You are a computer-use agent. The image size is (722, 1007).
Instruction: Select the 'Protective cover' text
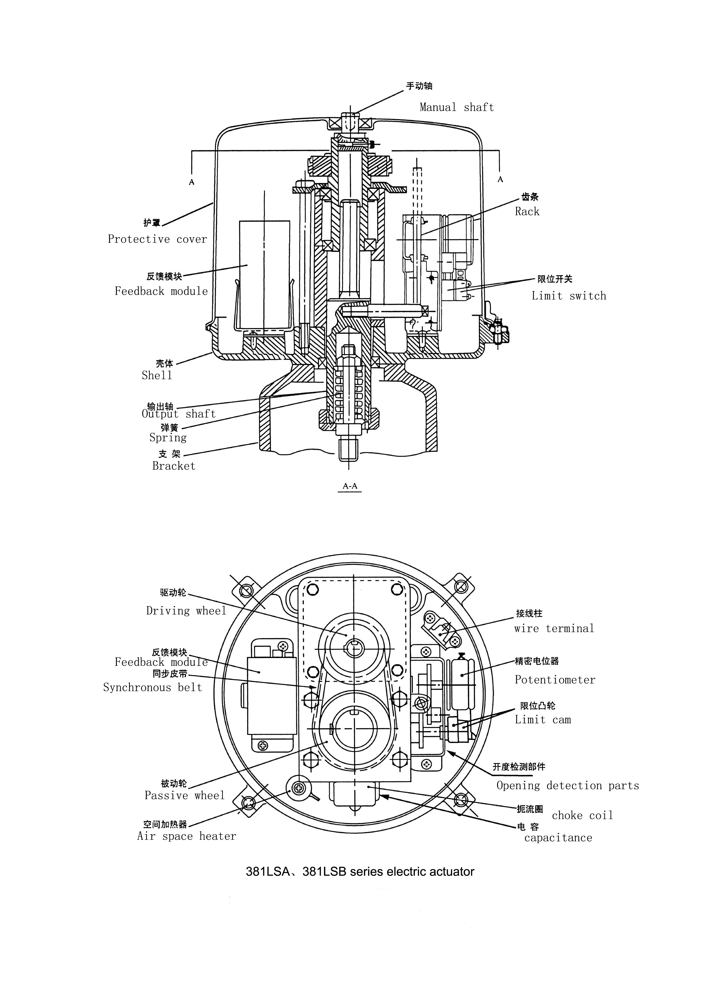click(x=157, y=239)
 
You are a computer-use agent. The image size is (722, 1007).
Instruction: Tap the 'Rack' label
click(x=527, y=211)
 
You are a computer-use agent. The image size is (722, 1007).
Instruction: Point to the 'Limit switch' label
click(x=569, y=296)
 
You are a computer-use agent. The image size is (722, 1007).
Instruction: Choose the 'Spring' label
click(x=168, y=438)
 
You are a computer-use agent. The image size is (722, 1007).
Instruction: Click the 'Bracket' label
click(x=174, y=466)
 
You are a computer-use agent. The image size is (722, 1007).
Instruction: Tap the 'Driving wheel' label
click(x=186, y=611)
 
